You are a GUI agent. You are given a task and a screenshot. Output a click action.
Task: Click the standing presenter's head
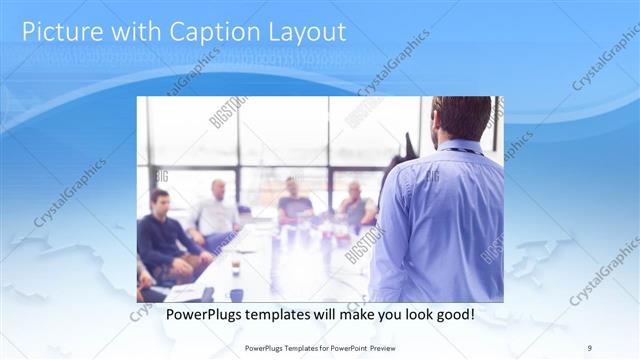point(464,118)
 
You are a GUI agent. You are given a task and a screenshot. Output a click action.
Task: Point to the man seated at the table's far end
point(295,200)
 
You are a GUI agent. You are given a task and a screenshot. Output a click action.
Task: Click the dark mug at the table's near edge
point(236,294)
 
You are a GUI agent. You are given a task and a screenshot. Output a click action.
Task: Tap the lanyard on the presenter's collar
point(459,151)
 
